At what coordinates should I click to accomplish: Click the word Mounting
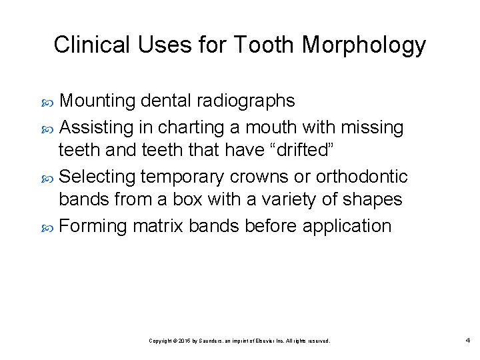tap(100, 101)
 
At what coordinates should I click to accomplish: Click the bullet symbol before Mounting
tap(49, 102)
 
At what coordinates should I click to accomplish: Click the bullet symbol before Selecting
tap(49, 177)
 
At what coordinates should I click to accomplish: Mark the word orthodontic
tap(361, 176)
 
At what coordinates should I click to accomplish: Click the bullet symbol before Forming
tap(49, 227)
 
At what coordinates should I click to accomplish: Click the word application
tap(347, 226)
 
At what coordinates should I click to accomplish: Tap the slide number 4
tap(467, 341)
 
